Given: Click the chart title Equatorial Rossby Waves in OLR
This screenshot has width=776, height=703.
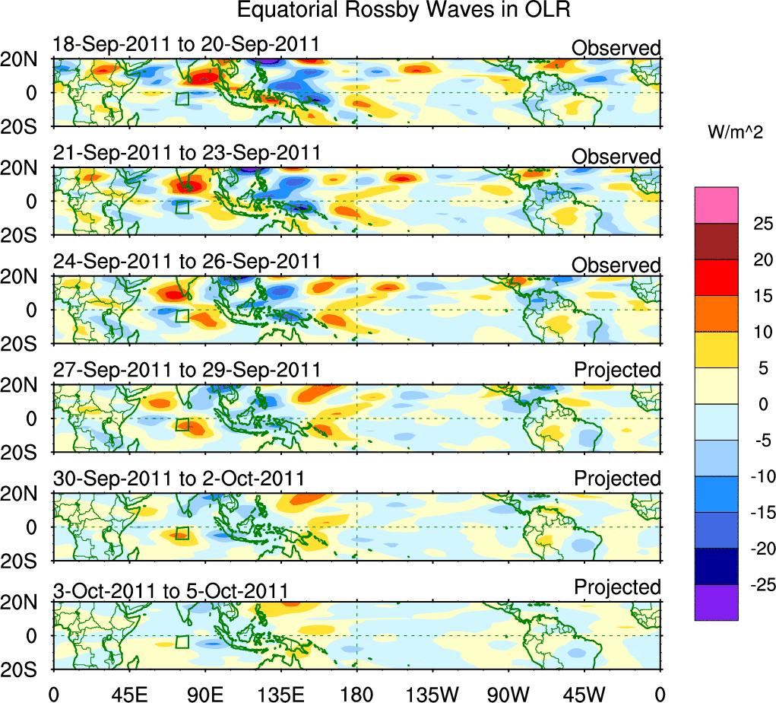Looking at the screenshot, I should tap(403, 11).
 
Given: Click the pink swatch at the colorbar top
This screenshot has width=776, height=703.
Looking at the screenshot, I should tap(716, 205).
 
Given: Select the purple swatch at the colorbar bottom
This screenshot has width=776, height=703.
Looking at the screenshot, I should tap(716, 603).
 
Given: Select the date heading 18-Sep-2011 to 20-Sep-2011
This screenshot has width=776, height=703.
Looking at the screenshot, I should tap(187, 46).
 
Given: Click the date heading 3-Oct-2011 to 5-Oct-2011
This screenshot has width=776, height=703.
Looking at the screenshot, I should tap(170, 590).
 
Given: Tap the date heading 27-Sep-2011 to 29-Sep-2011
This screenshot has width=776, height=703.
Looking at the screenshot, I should tap(187, 370).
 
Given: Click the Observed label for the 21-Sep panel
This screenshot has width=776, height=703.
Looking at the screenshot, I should tap(616, 157).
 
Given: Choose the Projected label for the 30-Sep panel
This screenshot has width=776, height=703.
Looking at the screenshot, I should tap(617, 479).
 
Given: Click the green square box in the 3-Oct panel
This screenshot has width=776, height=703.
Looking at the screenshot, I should tap(182, 641).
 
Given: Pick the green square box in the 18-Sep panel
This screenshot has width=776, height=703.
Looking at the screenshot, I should tap(182, 98).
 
